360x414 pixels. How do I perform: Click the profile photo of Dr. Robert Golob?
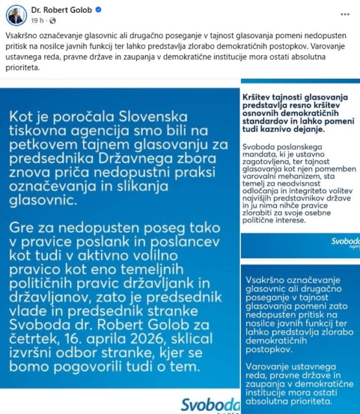tap(17, 14)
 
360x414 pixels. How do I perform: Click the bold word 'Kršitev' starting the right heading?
tap(258, 96)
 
